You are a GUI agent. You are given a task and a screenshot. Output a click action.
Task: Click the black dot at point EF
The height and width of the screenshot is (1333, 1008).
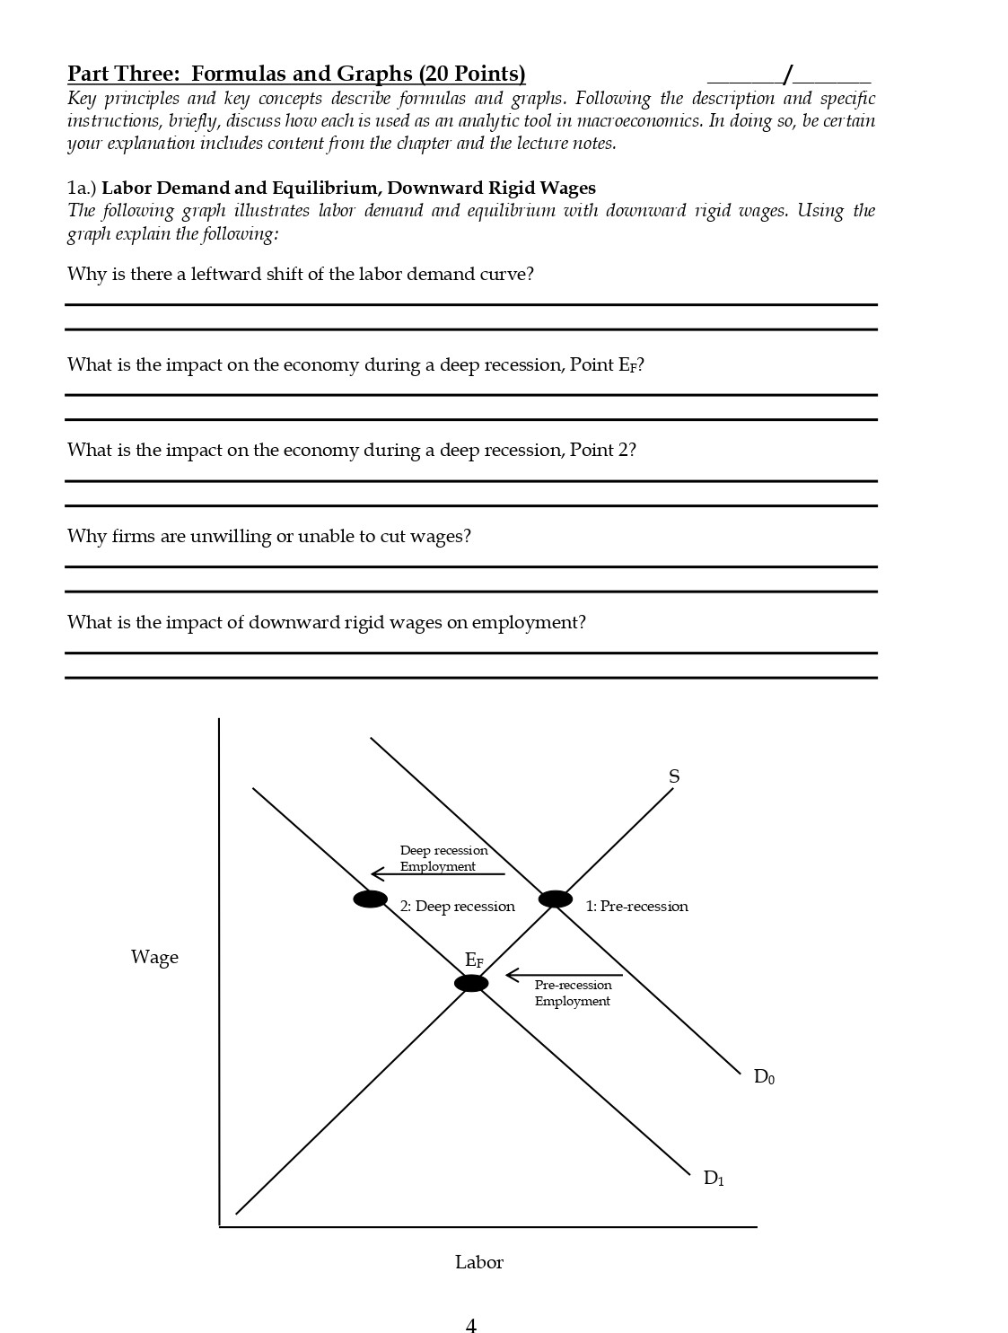[471, 983]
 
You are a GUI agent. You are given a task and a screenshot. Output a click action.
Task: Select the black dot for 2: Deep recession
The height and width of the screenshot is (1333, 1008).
[370, 899]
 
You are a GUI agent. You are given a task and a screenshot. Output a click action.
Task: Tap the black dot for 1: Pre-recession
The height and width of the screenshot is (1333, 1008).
[555, 899]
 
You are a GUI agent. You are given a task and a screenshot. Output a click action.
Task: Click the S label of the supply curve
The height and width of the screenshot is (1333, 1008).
[674, 777]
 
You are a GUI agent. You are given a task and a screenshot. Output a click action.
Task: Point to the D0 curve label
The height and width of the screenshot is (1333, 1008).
[764, 1076]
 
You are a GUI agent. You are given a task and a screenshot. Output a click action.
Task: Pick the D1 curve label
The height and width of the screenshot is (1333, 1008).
[714, 1178]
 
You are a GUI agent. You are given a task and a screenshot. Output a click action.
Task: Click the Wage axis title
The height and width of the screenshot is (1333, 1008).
[154, 957]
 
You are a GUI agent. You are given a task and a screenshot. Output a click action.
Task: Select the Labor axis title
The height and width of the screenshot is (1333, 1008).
[478, 1262]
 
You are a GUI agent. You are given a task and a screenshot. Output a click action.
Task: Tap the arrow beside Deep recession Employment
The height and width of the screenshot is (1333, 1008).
[437, 873]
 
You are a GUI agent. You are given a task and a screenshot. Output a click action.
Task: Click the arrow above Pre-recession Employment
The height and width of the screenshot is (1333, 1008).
[564, 975]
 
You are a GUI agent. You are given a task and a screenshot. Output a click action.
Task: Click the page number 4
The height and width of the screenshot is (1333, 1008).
[471, 1326]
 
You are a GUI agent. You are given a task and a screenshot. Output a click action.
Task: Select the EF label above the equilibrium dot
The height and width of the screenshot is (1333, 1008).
[474, 960]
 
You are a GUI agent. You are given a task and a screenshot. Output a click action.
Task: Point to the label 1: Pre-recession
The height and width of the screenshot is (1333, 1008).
[636, 907]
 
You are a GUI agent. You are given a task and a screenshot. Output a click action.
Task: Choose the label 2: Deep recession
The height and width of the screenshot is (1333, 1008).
[457, 907]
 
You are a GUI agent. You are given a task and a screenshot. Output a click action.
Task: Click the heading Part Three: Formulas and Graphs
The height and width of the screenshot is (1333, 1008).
[296, 74]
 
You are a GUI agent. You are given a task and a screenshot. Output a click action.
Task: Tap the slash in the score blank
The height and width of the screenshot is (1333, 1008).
[787, 74]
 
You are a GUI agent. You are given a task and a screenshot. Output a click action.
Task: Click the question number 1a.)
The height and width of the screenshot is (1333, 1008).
[82, 188]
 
